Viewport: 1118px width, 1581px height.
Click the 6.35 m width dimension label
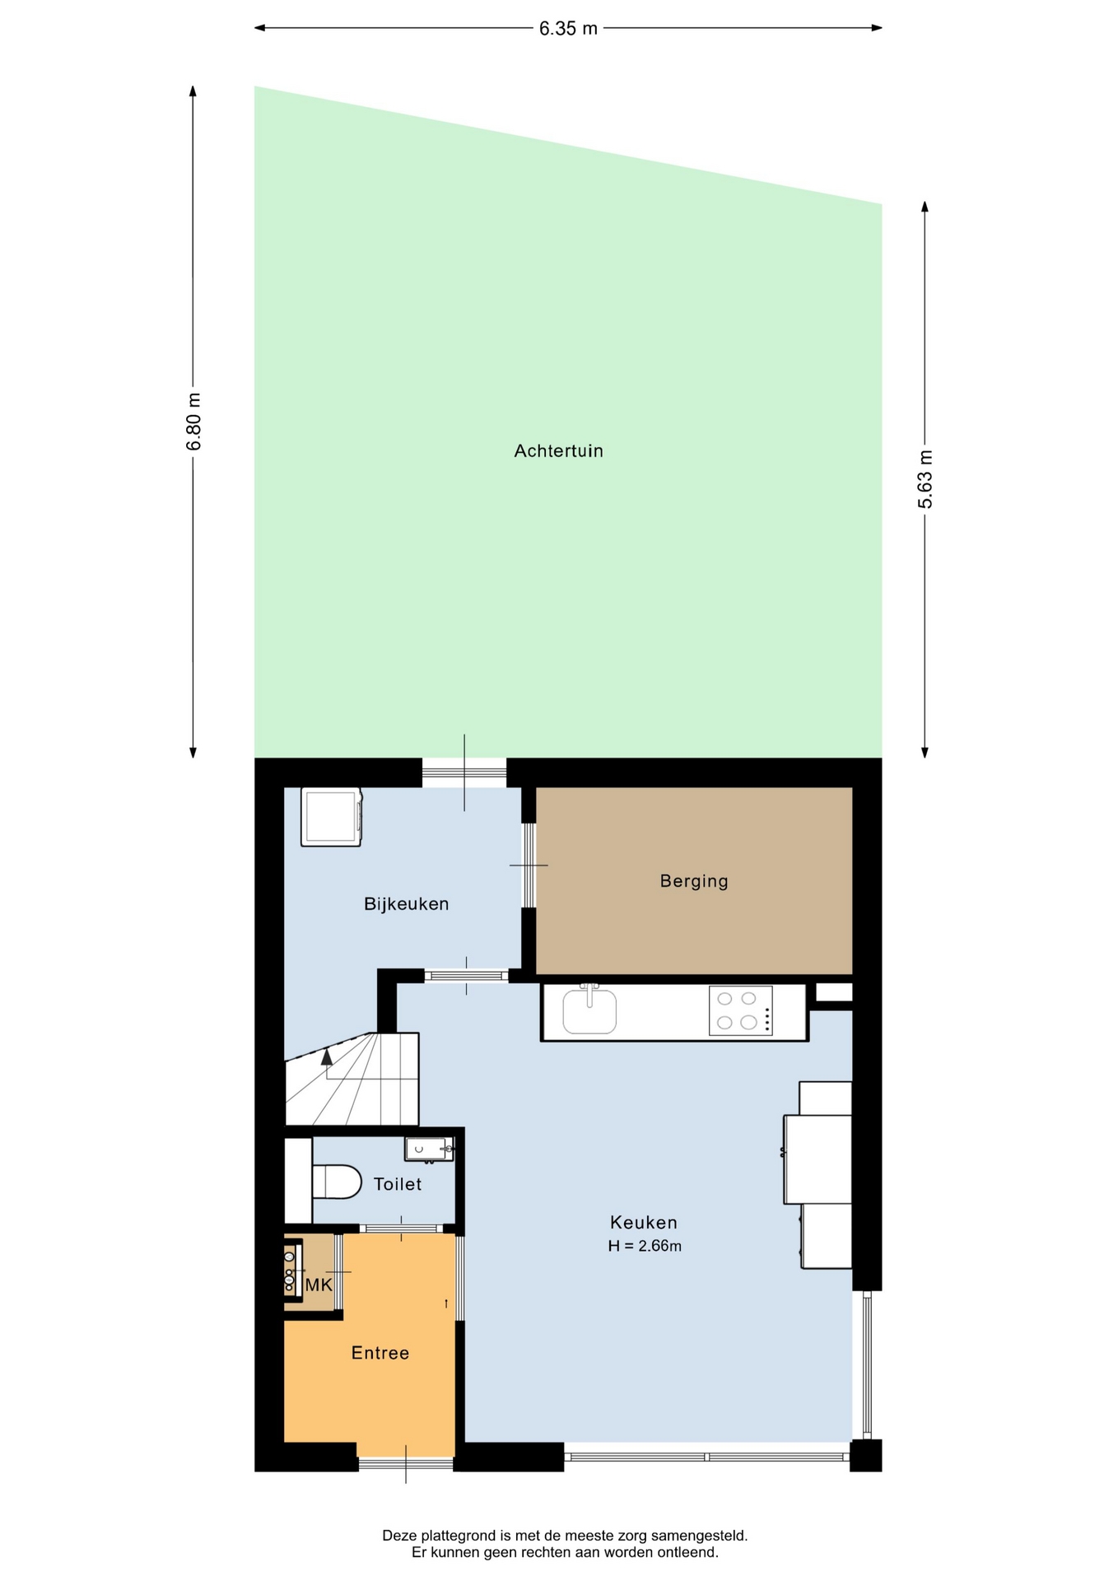(x=568, y=29)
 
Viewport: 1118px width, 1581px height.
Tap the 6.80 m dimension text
(x=193, y=422)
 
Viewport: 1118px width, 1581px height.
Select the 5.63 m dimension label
(x=925, y=478)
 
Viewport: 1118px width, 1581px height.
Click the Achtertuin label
(x=559, y=450)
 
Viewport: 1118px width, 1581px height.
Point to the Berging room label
(x=694, y=881)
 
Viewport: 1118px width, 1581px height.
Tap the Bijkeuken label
(x=407, y=904)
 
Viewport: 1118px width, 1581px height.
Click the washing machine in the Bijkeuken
(x=331, y=816)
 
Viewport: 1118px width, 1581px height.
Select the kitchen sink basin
(x=589, y=1010)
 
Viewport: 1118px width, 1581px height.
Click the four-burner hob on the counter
(x=741, y=1010)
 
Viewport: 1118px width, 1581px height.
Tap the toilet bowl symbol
(x=337, y=1182)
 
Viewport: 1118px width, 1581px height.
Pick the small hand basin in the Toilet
(x=429, y=1149)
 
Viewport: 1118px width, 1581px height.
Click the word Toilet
(x=398, y=1184)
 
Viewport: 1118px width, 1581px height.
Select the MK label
(x=319, y=1285)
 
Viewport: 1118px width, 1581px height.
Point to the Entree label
(x=380, y=1353)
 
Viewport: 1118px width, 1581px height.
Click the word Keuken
(x=644, y=1222)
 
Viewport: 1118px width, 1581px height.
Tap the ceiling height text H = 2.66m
(x=645, y=1246)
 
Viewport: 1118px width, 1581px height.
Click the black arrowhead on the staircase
(x=327, y=1057)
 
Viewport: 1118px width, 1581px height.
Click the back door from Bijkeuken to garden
(x=464, y=772)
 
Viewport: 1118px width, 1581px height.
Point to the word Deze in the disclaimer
(x=399, y=1535)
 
